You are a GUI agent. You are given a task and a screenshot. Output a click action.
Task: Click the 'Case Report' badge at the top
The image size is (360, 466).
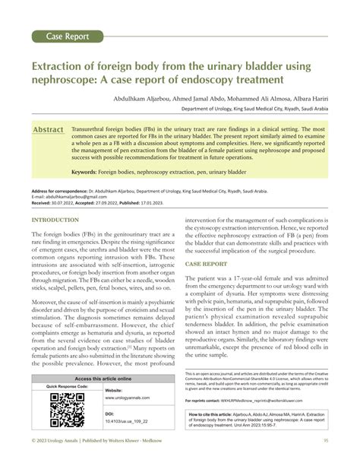(68, 36)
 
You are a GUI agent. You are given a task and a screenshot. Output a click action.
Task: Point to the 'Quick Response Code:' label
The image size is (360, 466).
(67, 387)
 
